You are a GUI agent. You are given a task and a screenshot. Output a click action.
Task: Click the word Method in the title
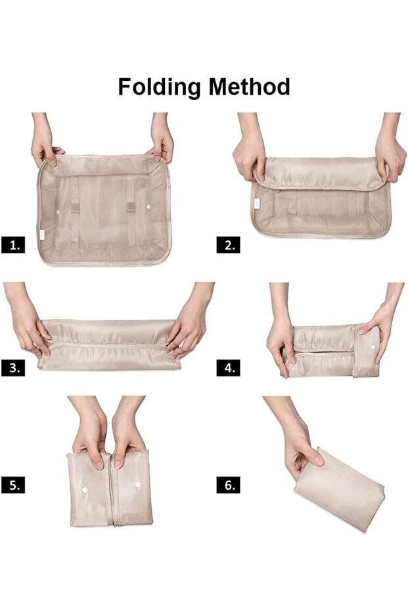[250, 86]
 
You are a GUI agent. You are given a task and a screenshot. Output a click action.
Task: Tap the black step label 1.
[13, 245]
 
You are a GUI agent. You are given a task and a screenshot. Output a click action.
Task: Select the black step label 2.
[229, 245]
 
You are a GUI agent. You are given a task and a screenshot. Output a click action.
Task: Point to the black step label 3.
[13, 367]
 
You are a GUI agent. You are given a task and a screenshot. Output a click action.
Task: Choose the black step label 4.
[229, 367]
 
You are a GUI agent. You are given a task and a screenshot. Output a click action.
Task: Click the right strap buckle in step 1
[131, 206]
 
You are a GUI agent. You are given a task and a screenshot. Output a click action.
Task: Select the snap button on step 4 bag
[373, 346]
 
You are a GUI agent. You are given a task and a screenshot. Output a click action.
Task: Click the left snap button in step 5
[84, 490]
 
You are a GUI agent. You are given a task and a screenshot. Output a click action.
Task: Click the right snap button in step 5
[138, 484]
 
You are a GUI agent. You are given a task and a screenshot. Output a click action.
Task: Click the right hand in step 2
[388, 147]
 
